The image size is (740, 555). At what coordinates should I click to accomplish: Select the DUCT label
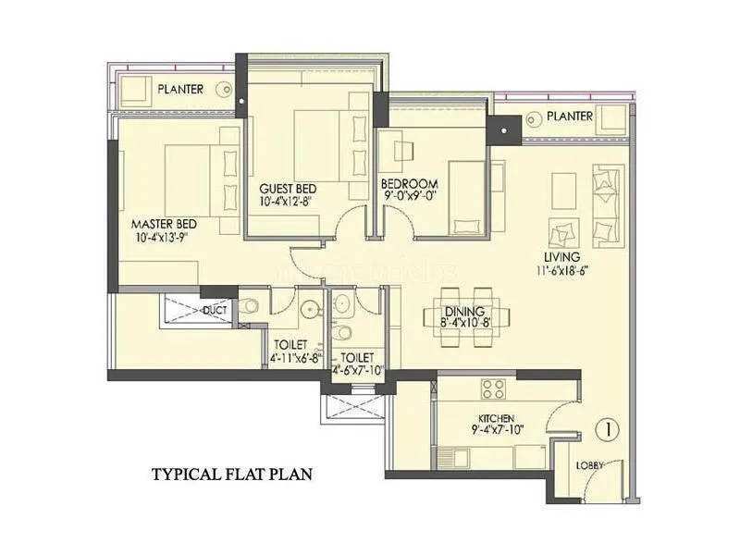pyautogui.click(x=216, y=310)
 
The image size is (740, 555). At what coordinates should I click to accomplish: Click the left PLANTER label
pyautogui.click(x=180, y=90)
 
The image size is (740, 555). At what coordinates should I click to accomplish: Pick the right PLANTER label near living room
pyautogui.click(x=569, y=117)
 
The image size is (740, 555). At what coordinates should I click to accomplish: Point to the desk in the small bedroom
pyautogui.click(x=404, y=150)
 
